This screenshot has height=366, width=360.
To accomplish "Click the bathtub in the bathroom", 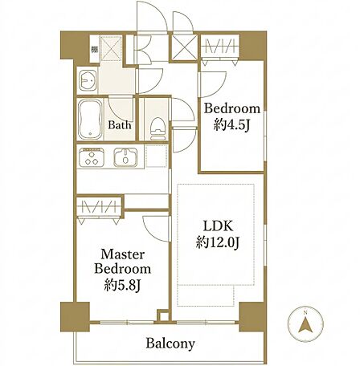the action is tap(90, 120).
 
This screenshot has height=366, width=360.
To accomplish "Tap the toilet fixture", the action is tap(157, 129).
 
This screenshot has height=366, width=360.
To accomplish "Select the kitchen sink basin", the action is tap(125, 157).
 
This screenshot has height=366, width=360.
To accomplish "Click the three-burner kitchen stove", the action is tap(91, 157).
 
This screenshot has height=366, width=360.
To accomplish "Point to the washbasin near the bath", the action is tap(88, 80).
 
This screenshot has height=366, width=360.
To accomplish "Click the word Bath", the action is tap(120, 125).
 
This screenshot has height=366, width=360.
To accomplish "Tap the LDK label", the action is tap(218, 226).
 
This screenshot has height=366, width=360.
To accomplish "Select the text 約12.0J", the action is tap(217, 242).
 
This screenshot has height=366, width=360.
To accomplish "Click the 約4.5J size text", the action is tap(231, 124).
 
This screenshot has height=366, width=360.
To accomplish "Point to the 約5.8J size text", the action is tap(122, 286).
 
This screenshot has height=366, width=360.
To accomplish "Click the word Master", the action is tap(123, 254).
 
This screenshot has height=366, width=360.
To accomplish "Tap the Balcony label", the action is tap(170, 344).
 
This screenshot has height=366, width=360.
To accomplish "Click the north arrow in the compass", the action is tap(305, 325).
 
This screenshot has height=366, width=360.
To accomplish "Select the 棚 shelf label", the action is tap(94, 50).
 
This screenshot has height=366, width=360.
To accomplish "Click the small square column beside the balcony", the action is tap(163, 315).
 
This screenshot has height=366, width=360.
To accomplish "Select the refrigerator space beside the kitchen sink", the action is tap(157, 156).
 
